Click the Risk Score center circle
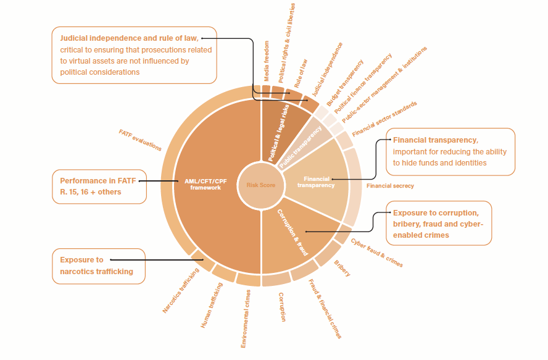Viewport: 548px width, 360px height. pyautogui.click(x=260, y=185)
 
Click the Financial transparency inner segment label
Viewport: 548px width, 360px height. pyautogui.click(x=315, y=182)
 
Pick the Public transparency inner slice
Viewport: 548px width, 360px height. pyautogui.click(x=301, y=146)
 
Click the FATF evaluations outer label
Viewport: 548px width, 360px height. pyautogui.click(x=140, y=140)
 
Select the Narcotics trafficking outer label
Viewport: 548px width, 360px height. pyautogui.click(x=181, y=291)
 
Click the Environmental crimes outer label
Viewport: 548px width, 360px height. pyautogui.click(x=245, y=318)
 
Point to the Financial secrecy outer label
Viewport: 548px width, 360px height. pyautogui.click(x=390, y=186)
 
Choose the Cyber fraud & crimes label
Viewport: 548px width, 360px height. pyautogui.click(x=376, y=253)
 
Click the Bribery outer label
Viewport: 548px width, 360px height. pyautogui.click(x=342, y=269)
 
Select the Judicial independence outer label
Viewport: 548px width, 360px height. pyautogui.click(x=327, y=69)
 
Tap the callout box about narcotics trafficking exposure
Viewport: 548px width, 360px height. pyautogui.click(x=99, y=266)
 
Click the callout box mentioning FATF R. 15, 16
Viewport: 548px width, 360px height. pyautogui.click(x=99, y=186)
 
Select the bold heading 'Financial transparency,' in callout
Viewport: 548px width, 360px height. pyautogui.click(x=436, y=140)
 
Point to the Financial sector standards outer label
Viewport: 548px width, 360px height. pyautogui.click(x=384, y=119)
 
